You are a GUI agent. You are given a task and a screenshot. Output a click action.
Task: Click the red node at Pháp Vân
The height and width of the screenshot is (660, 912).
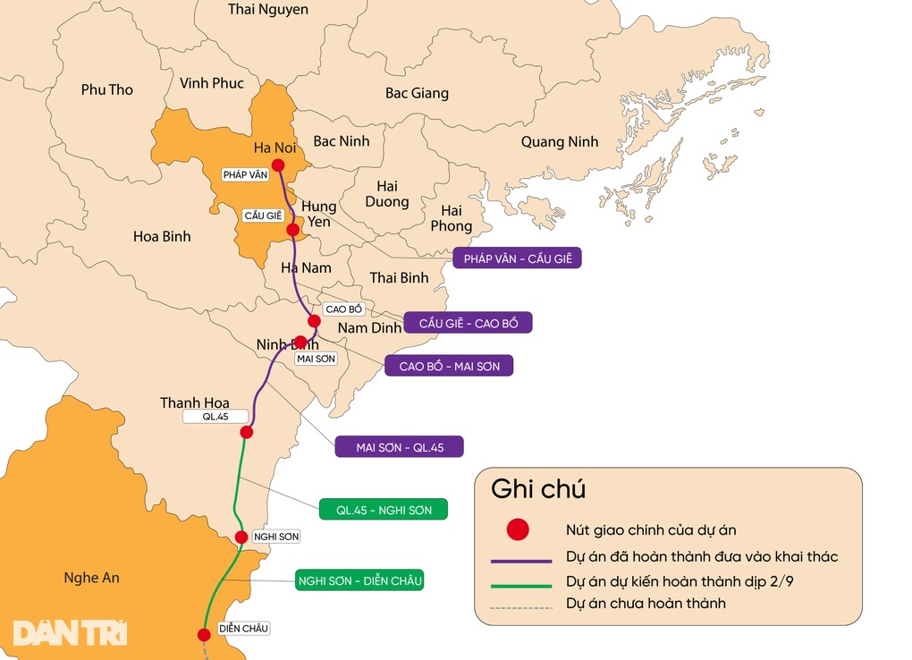pyautogui.click(x=278, y=165)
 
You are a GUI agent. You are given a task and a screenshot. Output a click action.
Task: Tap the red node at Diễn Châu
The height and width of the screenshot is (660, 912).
pyautogui.click(x=204, y=635)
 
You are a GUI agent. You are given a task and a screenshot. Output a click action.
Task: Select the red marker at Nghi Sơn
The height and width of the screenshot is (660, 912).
pyautogui.click(x=241, y=537)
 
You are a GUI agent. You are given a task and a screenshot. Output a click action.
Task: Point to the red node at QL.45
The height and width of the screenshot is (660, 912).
pyautogui.click(x=247, y=432)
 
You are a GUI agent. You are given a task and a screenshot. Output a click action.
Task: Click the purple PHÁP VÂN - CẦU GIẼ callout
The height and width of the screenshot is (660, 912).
pyautogui.click(x=517, y=258)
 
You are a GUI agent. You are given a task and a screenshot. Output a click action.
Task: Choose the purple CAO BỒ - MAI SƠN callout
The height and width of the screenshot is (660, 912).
pyautogui.click(x=449, y=366)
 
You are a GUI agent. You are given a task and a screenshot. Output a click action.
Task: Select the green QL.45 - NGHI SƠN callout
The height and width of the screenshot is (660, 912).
pyautogui.click(x=384, y=510)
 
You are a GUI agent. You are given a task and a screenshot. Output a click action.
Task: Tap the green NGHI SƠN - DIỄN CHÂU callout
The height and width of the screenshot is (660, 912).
pyautogui.click(x=359, y=580)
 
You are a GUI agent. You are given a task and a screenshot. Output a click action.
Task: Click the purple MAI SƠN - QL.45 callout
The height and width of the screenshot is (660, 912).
pyautogui.click(x=399, y=446)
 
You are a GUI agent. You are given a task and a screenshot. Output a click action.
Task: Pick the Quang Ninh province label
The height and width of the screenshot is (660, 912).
pyautogui.click(x=560, y=142)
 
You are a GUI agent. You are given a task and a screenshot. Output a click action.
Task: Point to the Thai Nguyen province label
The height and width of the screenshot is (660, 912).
pyautogui.click(x=268, y=10)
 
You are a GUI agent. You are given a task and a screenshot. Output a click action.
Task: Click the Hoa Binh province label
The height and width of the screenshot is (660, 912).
pyautogui.click(x=162, y=237)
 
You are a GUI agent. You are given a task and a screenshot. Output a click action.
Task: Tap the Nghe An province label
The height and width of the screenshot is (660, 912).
pyautogui.click(x=91, y=578)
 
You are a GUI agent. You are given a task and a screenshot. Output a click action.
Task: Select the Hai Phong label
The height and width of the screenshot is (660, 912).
pyautogui.click(x=451, y=218)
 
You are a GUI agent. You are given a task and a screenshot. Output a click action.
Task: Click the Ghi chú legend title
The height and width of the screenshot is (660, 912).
pyautogui.click(x=537, y=489)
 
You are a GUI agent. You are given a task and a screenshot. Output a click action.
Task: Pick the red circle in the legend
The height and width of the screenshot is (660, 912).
pyautogui.click(x=518, y=529)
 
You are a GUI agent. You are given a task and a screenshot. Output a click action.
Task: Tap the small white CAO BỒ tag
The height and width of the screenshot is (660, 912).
pyautogui.click(x=344, y=309)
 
